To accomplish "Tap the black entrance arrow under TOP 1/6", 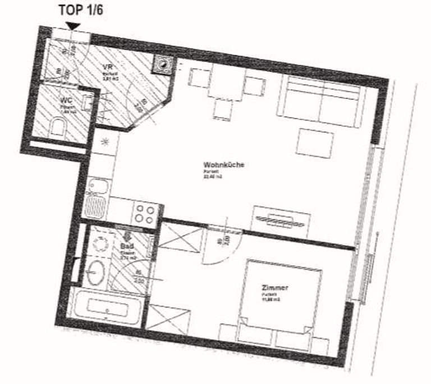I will coord(72,26).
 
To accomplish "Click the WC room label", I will coord(66,101).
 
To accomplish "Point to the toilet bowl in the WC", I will coord(57,129).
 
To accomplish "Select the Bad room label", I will coord(126,246).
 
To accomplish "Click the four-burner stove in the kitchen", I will coord(144,215).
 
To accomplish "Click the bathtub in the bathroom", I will coord(107,309).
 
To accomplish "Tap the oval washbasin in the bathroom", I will coord(95,273).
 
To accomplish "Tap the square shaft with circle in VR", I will coord(163,65).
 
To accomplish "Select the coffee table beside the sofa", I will coord(314,143).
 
